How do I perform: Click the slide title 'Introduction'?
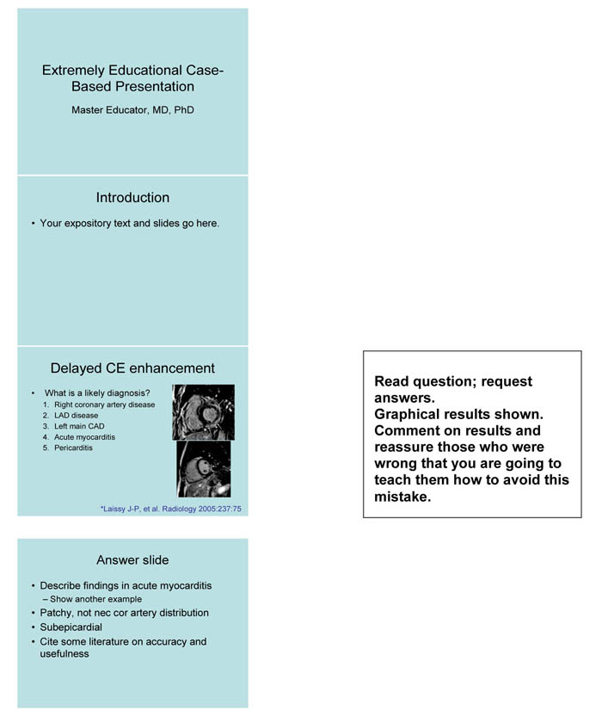tap(132, 198)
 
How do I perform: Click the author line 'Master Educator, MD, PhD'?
tap(132, 110)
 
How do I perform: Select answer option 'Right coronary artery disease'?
tap(104, 405)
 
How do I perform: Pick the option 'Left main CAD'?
tap(82, 426)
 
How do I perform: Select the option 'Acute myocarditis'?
tap(84, 437)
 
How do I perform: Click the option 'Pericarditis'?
tap(73, 448)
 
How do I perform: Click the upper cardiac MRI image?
tap(203, 412)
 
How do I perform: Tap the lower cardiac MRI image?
tap(204, 469)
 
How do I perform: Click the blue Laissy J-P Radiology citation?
tap(171, 509)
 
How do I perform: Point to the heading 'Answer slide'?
tap(132, 560)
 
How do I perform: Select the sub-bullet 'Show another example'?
tap(95, 599)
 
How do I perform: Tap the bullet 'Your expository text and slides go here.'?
tap(130, 224)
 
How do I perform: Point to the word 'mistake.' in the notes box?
tap(402, 497)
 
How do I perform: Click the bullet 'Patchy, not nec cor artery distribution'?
tap(124, 613)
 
